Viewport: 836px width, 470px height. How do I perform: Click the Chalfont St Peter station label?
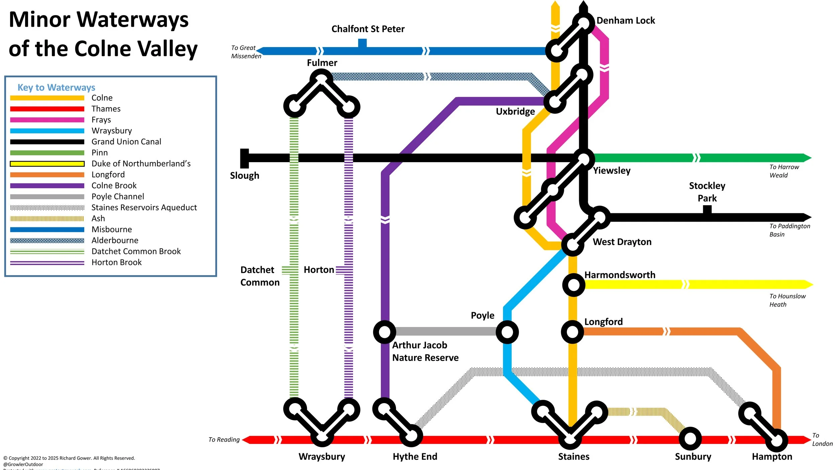368,29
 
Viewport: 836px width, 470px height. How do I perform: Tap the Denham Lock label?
625,21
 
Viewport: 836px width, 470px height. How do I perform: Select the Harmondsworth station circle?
573,285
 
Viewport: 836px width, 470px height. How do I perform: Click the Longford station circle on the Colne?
572,332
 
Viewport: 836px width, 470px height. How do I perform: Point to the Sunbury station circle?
690,439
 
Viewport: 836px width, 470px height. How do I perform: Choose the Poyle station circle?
507,332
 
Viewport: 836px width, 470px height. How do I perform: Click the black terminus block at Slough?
245,158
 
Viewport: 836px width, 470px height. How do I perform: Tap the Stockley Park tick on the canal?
707,210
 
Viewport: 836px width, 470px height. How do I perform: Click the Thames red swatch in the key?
47,109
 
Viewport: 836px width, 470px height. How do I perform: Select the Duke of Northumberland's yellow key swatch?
47,164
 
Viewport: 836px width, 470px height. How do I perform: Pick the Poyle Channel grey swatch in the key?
47,197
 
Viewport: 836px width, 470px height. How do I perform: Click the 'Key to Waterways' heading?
56,88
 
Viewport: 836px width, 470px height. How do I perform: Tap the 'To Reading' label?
224,440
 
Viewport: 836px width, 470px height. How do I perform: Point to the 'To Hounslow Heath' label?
787,300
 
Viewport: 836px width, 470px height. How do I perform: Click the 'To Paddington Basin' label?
790,230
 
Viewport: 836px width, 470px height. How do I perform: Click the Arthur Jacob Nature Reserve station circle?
385,332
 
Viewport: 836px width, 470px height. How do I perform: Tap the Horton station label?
319,270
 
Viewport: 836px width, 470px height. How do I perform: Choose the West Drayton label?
622,242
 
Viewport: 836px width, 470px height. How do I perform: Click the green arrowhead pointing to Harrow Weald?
807,158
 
